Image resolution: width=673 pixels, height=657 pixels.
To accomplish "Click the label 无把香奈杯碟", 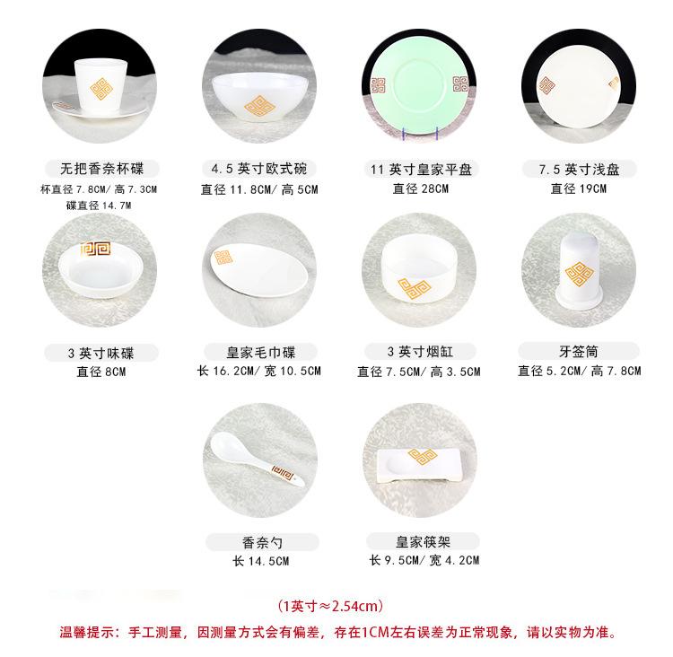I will click(x=101, y=169).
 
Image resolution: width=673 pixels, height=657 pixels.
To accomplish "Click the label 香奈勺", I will click(x=260, y=542).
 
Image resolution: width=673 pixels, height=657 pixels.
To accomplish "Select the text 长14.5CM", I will click(x=260, y=562).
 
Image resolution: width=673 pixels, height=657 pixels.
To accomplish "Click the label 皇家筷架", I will click(x=419, y=541).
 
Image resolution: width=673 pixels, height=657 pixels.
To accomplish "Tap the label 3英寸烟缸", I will click(x=419, y=352).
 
